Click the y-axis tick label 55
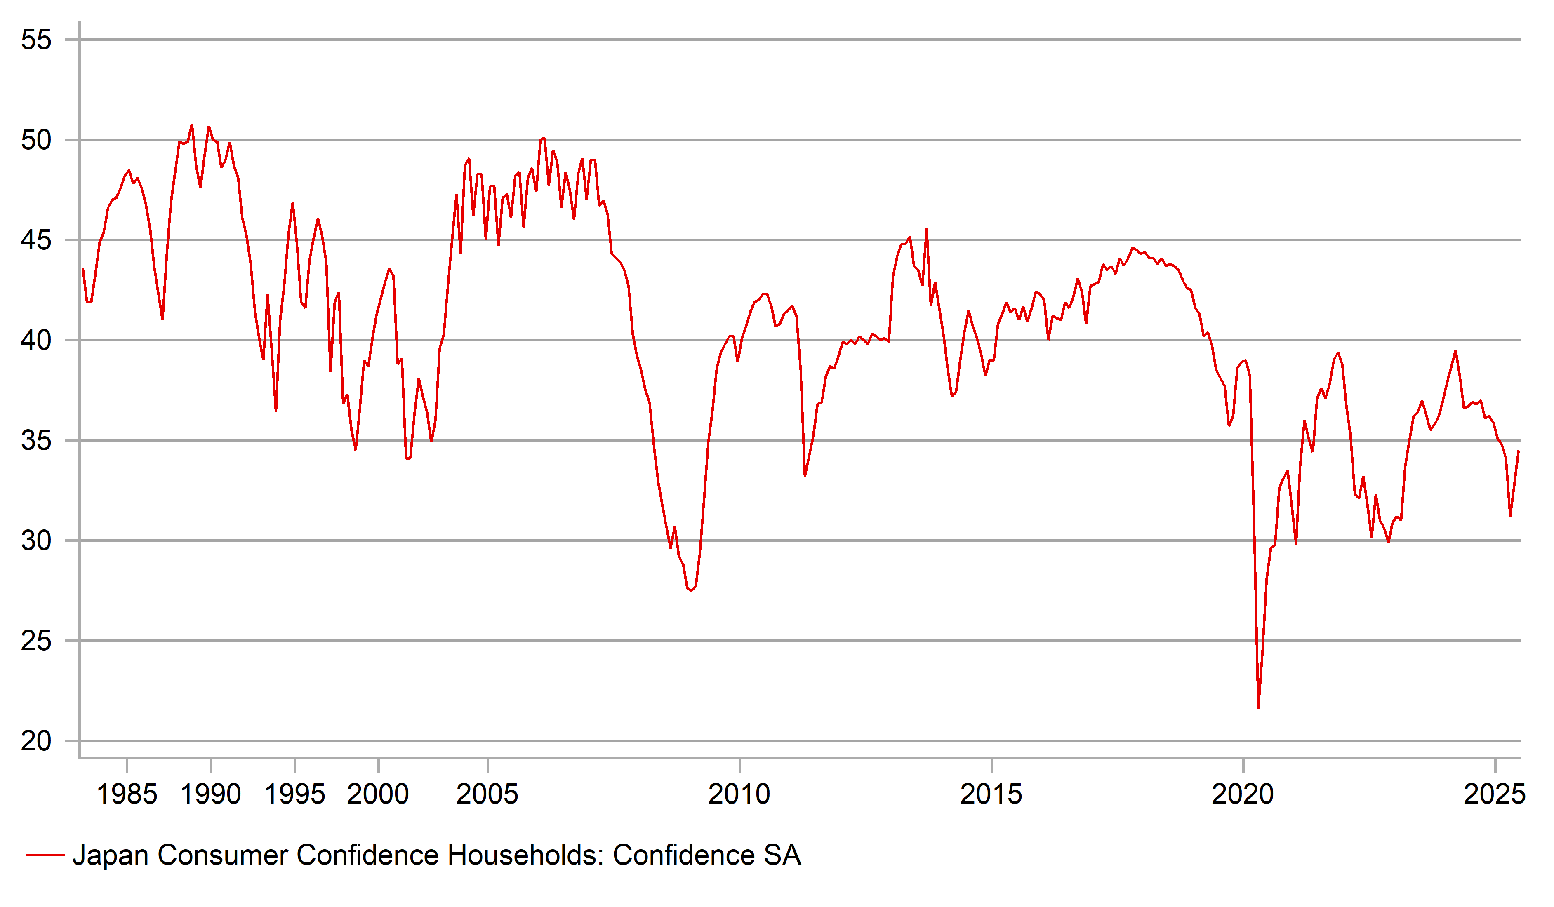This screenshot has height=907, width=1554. click(x=36, y=40)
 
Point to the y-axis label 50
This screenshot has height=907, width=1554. click(x=36, y=141)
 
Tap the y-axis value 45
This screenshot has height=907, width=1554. click(x=36, y=240)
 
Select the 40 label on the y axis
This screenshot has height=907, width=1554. click(x=36, y=341)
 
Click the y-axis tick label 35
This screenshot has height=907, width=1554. click(x=36, y=441)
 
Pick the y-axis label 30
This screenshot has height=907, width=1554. click(x=36, y=541)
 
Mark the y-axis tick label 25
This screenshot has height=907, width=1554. click(x=36, y=641)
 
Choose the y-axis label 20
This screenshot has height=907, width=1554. click(x=36, y=741)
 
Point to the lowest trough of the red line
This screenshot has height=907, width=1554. click(x=1258, y=707)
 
